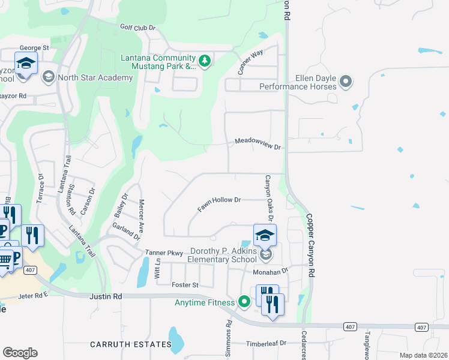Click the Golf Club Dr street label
pyautogui.click(x=137, y=28)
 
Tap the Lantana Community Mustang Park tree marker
pyautogui.click(x=205, y=61)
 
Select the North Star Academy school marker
pyautogui.click(x=48, y=77)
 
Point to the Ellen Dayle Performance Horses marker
pyautogui.click(x=345, y=81)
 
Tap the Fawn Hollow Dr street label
pyautogui.click(x=219, y=204)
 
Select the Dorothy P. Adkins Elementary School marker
pyautogui.click(x=265, y=256)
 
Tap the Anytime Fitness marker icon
pyautogui.click(x=244, y=302)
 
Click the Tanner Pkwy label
pyautogui.click(x=164, y=254)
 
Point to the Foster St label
pyautogui.click(x=184, y=285)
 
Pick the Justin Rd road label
pyautogui.click(x=106, y=296)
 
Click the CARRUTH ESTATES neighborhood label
pyautogui.click(x=131, y=344)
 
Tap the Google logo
pyautogui.click(x=20, y=353)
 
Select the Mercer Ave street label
pyautogui.click(x=142, y=215)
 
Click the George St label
pyautogui.click(x=34, y=47)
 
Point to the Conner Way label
pyautogui.click(x=251, y=62)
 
